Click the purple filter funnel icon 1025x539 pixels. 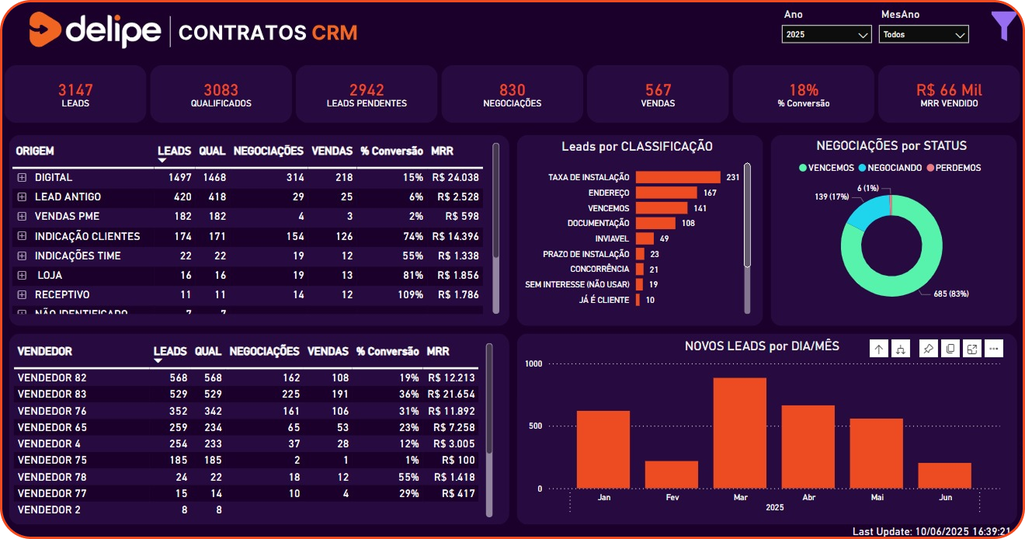coord(1003,26)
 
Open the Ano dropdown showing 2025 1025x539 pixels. coord(826,35)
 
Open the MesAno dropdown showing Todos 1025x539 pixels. coord(923,35)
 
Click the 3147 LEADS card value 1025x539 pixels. coord(75,90)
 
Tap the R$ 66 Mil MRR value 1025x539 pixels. coord(949,90)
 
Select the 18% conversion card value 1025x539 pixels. coord(804,90)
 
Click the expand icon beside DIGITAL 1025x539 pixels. coord(22,178)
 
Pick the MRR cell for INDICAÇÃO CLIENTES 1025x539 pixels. coord(457,236)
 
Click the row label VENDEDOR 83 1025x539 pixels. coord(52,395)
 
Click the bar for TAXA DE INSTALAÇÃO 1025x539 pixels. coord(678,177)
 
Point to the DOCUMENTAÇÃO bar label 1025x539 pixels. coord(598,224)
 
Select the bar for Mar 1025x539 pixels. coord(739,433)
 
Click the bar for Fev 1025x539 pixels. coord(671,475)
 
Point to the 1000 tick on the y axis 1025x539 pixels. coord(533,363)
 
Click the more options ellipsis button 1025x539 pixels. coord(993,349)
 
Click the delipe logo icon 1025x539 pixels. coord(45,31)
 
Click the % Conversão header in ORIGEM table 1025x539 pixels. coord(391,151)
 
